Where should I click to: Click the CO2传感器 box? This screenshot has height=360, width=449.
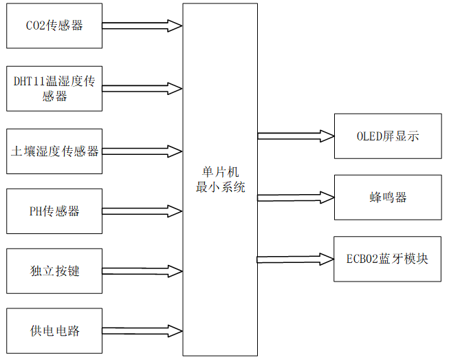(54, 26)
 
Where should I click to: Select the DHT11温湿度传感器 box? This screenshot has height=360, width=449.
(54, 89)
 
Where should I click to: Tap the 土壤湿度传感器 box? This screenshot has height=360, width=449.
(54, 151)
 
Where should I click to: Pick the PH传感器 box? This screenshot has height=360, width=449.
(54, 211)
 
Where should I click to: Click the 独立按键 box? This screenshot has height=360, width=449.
(54, 271)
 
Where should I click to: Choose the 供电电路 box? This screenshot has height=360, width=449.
(54, 331)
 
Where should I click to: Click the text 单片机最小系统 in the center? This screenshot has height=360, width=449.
(220, 179)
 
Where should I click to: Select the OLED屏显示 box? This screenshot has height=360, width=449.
(388, 136)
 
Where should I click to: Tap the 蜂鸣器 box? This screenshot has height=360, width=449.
(388, 198)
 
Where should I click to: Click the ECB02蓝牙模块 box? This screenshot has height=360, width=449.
(388, 259)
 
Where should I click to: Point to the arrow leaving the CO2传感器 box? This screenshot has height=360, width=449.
(142, 26)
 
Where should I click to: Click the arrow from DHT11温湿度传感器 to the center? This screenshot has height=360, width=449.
(142, 89)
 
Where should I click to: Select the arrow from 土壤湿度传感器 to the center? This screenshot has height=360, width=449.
(142, 151)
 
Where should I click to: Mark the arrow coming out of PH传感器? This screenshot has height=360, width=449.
(142, 211)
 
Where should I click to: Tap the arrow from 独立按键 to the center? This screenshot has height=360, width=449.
(142, 271)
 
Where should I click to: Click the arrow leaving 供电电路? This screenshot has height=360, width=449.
(142, 331)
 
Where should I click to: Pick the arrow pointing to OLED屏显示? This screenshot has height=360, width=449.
(296, 136)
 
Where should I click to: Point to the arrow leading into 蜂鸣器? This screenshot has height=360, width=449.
(296, 198)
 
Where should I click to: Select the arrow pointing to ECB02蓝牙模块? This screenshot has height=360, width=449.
(296, 259)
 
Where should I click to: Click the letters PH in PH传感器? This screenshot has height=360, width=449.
(36, 211)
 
